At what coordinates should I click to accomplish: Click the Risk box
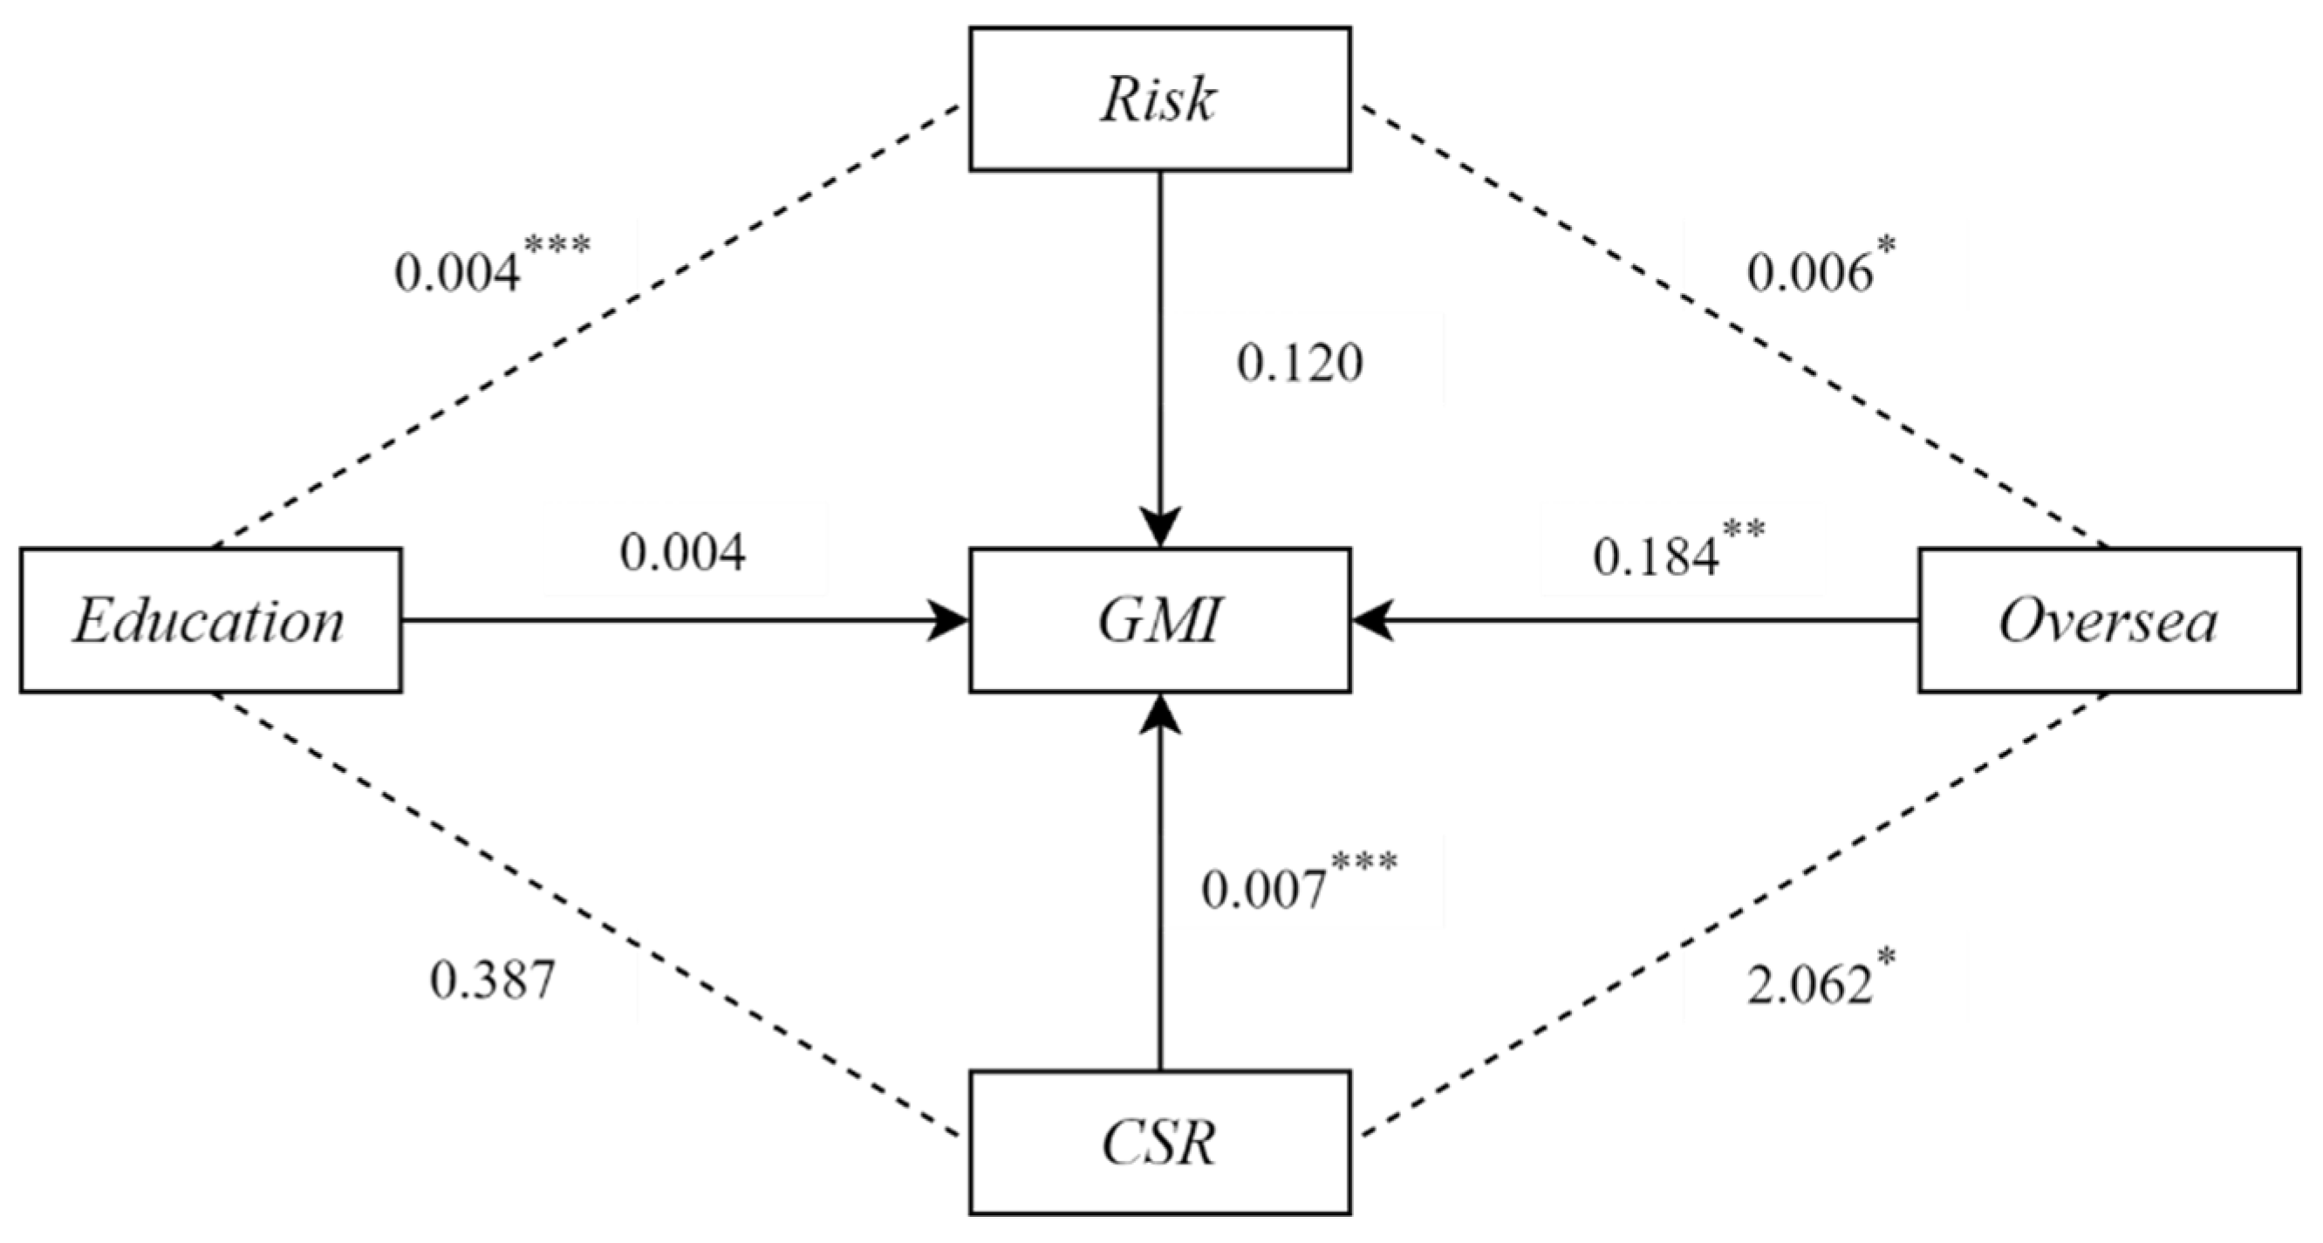[x=1159, y=99]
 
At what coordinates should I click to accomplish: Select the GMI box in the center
[x=1159, y=620]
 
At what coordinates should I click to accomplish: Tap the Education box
[x=210, y=620]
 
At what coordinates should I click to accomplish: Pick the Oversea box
[x=2108, y=620]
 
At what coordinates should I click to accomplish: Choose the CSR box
[x=1159, y=1143]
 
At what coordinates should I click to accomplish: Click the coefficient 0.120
[x=1299, y=364]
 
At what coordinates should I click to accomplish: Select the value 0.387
[x=491, y=980]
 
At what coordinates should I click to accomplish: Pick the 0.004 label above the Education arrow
[x=683, y=552]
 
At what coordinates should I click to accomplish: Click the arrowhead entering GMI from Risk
[x=1159, y=528]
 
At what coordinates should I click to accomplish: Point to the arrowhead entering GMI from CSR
[x=1159, y=713]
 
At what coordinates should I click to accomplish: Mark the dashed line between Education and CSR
[x=586, y=914]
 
